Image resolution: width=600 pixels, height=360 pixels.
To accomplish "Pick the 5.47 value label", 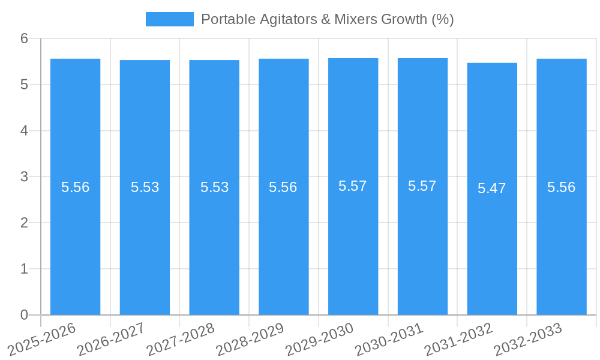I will (492, 188).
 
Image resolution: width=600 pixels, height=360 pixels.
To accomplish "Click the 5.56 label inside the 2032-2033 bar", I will (562, 187).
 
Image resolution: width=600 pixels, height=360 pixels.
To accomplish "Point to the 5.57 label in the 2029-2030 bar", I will (353, 186).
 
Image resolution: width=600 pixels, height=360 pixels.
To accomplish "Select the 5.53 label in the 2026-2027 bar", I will (145, 187).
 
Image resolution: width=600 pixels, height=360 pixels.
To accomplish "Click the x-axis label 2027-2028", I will (180, 340).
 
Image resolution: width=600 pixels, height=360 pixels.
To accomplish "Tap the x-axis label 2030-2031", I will (389, 340).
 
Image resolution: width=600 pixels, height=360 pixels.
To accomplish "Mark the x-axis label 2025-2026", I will (41, 340).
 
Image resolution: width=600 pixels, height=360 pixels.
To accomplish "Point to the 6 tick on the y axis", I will (24, 38).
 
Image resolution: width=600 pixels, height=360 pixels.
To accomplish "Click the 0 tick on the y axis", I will (24, 315).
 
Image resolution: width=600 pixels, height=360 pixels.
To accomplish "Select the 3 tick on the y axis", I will (24, 177).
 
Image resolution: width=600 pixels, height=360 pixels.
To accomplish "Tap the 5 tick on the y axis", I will (24, 85).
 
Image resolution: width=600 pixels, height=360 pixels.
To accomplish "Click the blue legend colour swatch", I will (170, 19).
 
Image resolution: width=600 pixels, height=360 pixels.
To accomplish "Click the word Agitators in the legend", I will (280, 19).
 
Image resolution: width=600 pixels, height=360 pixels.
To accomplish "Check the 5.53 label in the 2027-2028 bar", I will (215, 187).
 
